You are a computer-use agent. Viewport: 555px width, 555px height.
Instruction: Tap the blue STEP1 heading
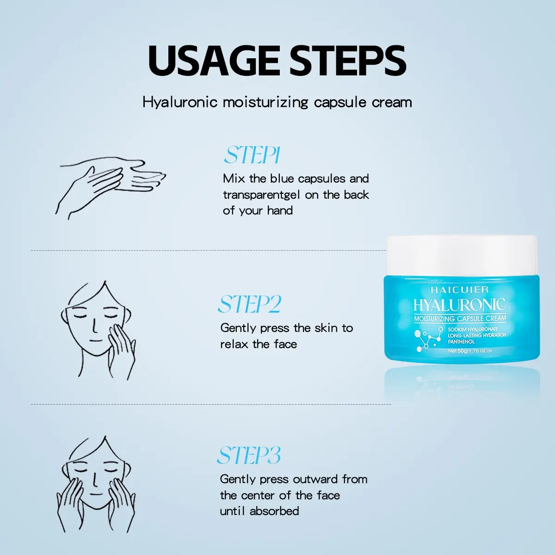(x=252, y=155)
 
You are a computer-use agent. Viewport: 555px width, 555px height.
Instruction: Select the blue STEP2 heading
(x=249, y=304)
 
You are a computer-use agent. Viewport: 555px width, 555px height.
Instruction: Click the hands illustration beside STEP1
(x=111, y=187)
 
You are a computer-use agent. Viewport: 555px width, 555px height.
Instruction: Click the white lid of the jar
(x=462, y=255)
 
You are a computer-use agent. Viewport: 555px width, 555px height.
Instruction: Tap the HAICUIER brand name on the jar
(x=460, y=289)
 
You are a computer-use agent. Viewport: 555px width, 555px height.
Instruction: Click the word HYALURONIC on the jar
(x=460, y=305)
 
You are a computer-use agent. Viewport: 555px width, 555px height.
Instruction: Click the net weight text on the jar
(x=470, y=351)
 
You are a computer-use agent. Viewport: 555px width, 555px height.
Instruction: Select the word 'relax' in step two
(x=234, y=344)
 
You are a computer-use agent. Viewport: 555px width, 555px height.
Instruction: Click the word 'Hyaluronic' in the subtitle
(x=179, y=103)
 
